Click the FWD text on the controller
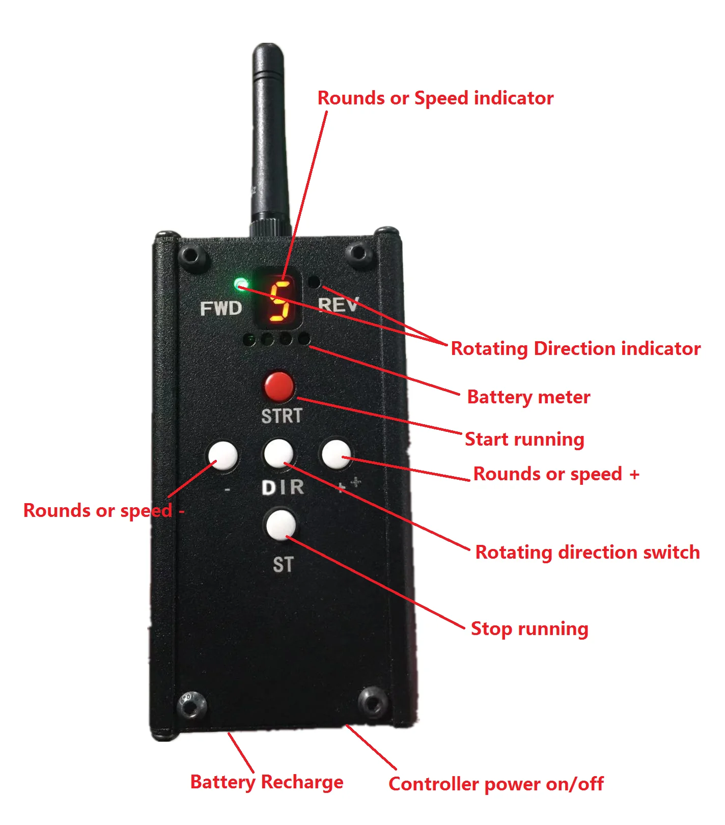pos(220,308)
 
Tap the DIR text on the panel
pos(283,488)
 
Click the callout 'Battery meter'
pos(528,397)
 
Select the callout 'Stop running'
pos(529,628)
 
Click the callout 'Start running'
pos(524,439)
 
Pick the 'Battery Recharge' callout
pos(266,782)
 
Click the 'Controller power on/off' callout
pos(496,784)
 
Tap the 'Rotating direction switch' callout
pos(587,552)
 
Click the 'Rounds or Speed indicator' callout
pos(435,98)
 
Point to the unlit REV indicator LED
pos(315,281)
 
